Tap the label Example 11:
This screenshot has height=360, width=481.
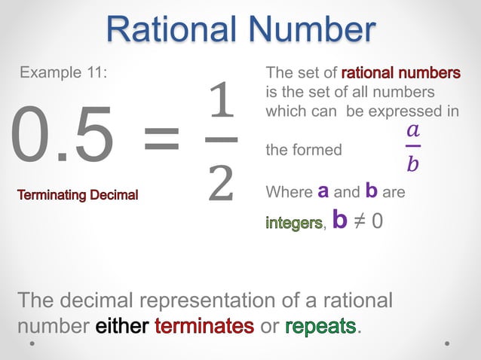63,73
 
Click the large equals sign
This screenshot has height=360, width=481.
161,139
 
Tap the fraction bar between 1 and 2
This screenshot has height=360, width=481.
221,139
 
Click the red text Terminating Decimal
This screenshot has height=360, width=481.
78,196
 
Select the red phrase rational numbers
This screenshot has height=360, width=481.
401,73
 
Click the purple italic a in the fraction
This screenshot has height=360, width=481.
412,129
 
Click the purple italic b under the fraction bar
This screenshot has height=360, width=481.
412,163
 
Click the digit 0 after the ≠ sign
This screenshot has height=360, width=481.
384,222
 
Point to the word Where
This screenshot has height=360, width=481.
289,192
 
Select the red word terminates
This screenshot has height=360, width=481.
204,327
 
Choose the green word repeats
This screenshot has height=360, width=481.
320,327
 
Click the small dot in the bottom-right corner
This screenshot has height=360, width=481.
447,343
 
